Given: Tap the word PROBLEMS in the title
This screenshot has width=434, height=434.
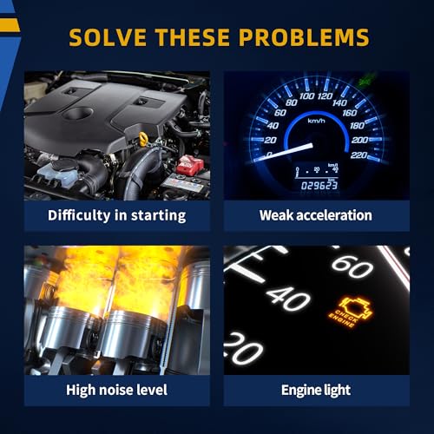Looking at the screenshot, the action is point(304,37).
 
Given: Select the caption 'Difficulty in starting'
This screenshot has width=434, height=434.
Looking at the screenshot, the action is point(117,216).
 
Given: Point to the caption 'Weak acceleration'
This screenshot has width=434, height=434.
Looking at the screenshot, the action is point(316,215).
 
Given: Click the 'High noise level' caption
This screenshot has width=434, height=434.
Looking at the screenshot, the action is point(116,390).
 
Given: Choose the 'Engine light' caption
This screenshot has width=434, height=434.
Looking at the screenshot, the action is point(316,391).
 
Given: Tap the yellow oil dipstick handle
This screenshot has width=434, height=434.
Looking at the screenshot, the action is point(143,139).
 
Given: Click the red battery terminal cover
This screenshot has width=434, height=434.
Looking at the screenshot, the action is point(190,165).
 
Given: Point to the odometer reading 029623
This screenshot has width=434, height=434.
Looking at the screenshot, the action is point(319,186).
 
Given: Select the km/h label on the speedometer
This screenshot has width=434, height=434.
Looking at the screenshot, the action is point(316,121).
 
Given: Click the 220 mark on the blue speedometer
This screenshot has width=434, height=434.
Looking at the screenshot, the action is point(358,155).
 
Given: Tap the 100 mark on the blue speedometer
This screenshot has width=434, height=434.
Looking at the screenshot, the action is point(307,95).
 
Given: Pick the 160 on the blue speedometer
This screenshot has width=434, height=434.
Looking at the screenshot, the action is point(350,113).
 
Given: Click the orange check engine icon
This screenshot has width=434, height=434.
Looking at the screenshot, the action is point(351,312).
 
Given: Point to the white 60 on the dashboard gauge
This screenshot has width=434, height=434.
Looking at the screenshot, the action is point(352,266).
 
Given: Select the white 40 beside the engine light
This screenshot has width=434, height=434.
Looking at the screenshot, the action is point(288,299).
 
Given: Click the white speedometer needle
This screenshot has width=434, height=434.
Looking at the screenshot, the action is point(284,152).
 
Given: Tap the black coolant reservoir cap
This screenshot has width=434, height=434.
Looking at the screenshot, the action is point(65,165).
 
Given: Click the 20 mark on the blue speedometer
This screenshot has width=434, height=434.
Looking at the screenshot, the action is point(270,140).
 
